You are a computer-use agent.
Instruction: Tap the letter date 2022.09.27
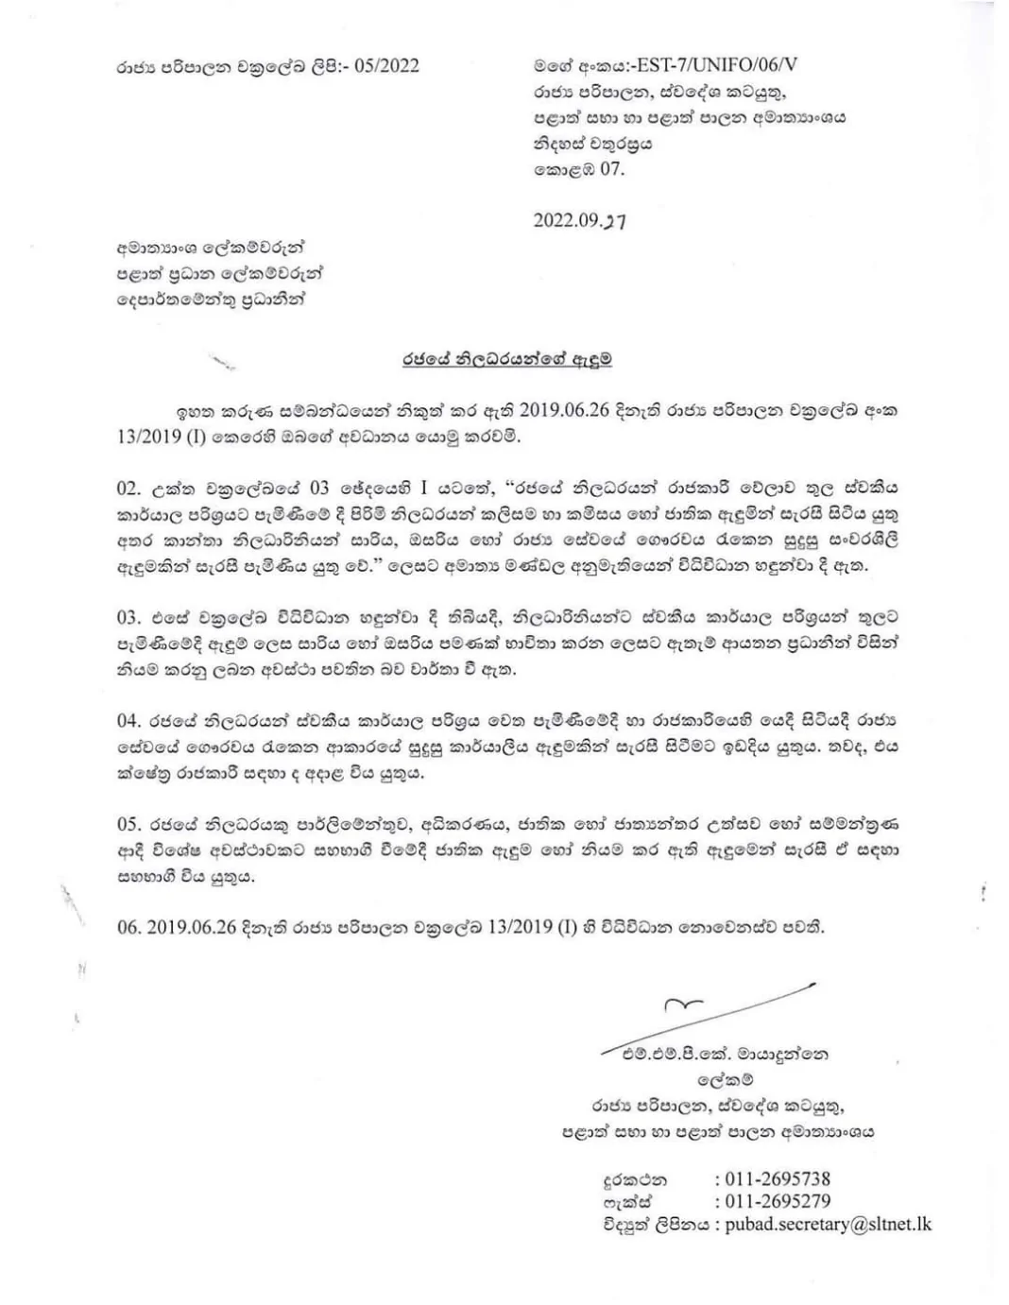pyautogui.click(x=579, y=221)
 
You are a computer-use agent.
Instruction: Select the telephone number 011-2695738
pyautogui.click(x=778, y=1178)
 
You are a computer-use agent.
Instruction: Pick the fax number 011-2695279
pyautogui.click(x=778, y=1201)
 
